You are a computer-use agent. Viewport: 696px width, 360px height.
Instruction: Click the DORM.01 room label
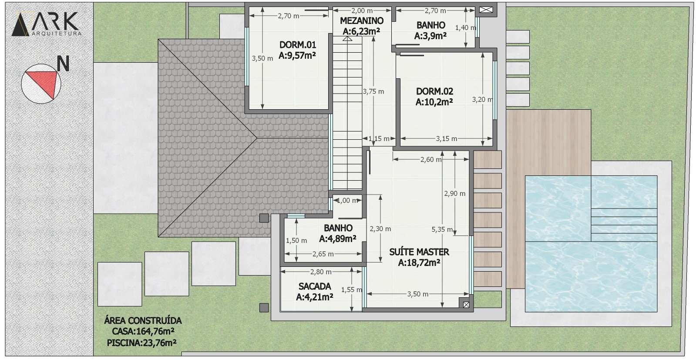click(298, 45)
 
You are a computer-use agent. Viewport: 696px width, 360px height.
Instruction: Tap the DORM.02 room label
click(434, 91)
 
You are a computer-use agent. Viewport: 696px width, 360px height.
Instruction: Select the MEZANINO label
click(362, 21)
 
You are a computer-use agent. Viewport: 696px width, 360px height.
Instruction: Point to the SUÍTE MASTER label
click(419, 252)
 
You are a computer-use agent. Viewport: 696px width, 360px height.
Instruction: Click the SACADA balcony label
click(315, 286)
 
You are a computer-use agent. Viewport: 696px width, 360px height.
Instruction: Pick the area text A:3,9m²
click(430, 36)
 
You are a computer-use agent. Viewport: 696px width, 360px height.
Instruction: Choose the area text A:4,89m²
click(338, 239)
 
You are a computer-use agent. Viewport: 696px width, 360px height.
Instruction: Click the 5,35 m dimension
click(442, 229)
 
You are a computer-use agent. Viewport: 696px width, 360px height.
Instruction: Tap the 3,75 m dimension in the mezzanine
click(373, 91)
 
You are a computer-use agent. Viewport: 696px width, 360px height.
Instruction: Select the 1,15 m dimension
click(379, 139)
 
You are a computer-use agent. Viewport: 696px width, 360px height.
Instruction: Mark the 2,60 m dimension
click(431, 160)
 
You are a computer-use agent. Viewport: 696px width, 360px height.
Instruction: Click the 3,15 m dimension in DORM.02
click(447, 139)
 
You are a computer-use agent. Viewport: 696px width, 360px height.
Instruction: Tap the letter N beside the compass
click(63, 64)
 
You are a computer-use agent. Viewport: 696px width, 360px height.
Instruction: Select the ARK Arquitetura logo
click(47, 24)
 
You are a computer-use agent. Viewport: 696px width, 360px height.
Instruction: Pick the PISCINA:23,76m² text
click(142, 343)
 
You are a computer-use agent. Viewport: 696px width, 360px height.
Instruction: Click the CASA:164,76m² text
click(143, 331)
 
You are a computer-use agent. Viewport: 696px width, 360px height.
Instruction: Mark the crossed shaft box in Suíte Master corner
click(466, 305)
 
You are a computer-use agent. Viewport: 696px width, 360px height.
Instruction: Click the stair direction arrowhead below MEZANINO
click(347, 39)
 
